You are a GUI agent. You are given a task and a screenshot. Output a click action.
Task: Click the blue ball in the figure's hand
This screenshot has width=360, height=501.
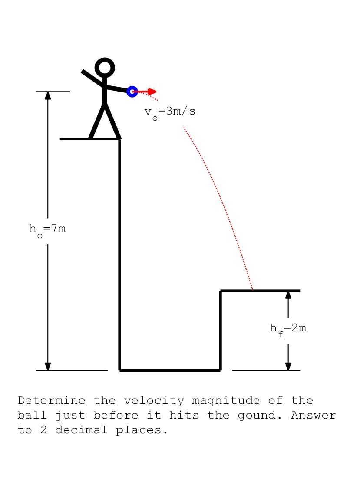(132, 92)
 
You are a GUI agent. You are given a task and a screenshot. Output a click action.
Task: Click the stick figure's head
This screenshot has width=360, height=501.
(105, 68)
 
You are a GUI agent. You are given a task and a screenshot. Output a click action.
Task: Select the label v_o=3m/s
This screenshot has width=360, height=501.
(170, 112)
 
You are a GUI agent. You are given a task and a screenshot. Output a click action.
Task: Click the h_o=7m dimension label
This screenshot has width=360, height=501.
(48, 229)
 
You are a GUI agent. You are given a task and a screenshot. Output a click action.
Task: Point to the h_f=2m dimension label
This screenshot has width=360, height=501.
(288, 328)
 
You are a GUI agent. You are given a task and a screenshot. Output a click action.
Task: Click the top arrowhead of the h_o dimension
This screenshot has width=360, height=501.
(48, 95)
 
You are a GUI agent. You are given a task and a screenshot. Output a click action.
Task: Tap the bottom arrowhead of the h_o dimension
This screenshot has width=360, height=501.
(48, 366)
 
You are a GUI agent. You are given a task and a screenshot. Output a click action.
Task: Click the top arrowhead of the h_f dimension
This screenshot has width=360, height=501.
(288, 295)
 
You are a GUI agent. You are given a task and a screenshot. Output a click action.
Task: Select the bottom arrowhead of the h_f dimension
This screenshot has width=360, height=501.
(288, 366)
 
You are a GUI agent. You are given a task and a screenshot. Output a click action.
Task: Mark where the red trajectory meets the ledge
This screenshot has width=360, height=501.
(253, 290)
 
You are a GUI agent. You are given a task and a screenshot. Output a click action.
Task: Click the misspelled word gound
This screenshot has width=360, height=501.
(256, 416)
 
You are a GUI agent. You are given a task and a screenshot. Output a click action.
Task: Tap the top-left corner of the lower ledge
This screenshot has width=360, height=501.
(221, 291)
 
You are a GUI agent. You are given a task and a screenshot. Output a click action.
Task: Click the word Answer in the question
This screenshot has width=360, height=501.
(314, 416)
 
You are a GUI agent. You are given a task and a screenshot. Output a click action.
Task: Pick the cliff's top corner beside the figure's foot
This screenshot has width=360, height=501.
(119, 139)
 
